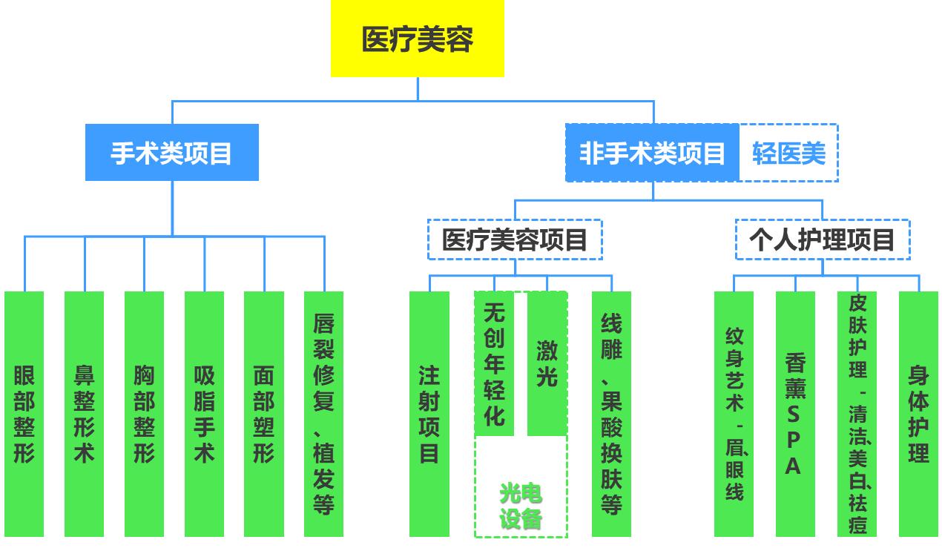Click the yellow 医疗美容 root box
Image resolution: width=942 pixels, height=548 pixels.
[417, 39]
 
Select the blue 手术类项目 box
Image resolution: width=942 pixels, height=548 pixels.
[171, 153]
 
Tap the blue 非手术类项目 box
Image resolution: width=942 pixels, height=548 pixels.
[652, 153]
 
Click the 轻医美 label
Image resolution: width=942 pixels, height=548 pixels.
[788, 153]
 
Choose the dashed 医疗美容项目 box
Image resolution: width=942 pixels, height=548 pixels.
[515, 240]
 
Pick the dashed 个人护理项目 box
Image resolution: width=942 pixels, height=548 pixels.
[822, 240]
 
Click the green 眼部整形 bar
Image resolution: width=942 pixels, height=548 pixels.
[24, 413]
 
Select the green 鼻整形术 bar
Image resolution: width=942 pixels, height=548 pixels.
[84, 413]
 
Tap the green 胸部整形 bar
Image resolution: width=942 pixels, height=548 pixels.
[144, 413]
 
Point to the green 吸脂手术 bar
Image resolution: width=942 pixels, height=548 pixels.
[204, 413]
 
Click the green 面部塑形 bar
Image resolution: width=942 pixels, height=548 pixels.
[263, 413]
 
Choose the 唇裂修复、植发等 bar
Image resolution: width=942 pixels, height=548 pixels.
[323, 413]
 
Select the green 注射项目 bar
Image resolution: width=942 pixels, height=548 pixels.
[429, 413]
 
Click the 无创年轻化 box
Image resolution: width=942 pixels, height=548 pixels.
[494, 363]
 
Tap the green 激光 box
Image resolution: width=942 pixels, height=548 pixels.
[547, 363]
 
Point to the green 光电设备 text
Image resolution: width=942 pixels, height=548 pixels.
[521, 506]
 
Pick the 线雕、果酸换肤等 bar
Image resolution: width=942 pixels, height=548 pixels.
[611, 413]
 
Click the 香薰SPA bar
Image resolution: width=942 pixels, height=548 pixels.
[795, 413]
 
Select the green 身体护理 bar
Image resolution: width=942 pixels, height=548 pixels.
[918, 413]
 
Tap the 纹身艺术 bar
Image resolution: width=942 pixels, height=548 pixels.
[734, 413]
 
